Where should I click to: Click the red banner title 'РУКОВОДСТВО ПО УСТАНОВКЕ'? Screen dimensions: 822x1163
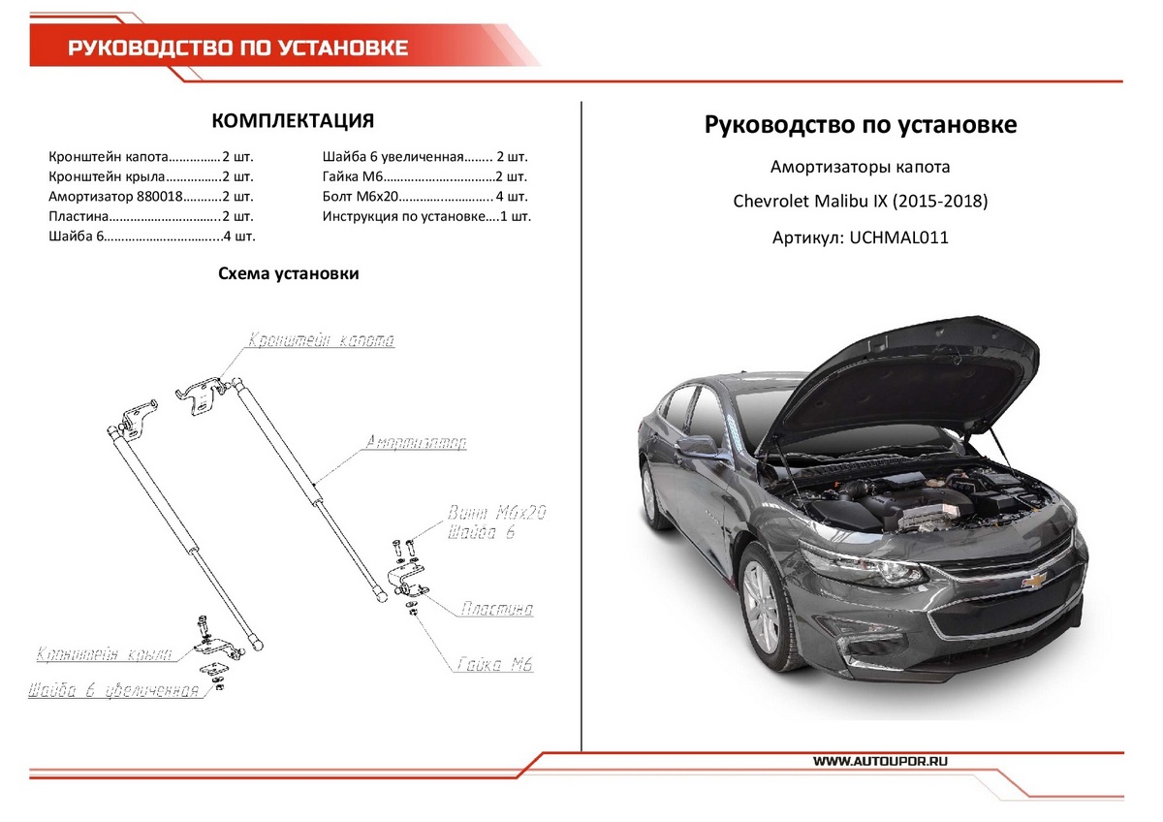[237, 47]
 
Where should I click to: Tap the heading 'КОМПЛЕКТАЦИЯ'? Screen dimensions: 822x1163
[292, 121]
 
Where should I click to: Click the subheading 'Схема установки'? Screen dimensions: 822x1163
[289, 273]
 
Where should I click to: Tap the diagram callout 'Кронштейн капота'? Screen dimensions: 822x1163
[321, 341]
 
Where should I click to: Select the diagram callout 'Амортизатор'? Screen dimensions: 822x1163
[416, 443]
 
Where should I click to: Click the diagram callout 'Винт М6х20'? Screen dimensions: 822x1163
[497, 513]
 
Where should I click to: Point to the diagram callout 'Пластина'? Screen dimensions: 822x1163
[496, 610]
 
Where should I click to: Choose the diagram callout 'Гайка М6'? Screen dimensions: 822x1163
[495, 665]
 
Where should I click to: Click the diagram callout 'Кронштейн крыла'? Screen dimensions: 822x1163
[104, 655]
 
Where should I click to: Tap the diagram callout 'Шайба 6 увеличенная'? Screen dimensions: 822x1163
[114, 691]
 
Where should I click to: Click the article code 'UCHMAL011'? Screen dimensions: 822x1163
[898, 237]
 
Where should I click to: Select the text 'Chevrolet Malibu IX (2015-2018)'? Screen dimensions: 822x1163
[860, 202]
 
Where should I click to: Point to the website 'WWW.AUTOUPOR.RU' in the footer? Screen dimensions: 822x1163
[881, 762]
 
